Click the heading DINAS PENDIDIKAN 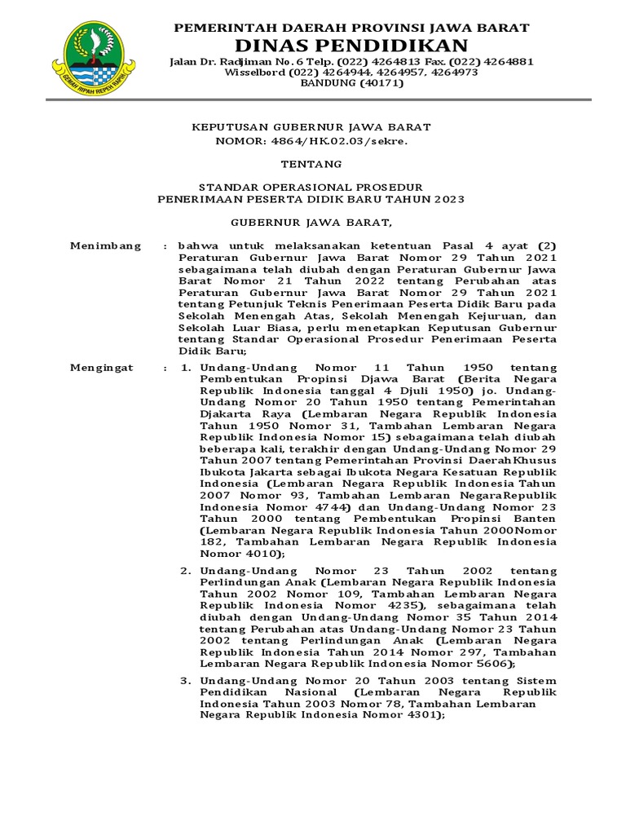coord(351,45)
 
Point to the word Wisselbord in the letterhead coord(255,73)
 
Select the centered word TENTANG coord(311,164)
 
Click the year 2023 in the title coord(449,199)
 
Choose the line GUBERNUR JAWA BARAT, coord(311,222)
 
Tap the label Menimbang coord(105,245)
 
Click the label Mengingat coord(102,369)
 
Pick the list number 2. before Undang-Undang coord(185,570)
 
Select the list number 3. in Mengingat coord(185,681)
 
